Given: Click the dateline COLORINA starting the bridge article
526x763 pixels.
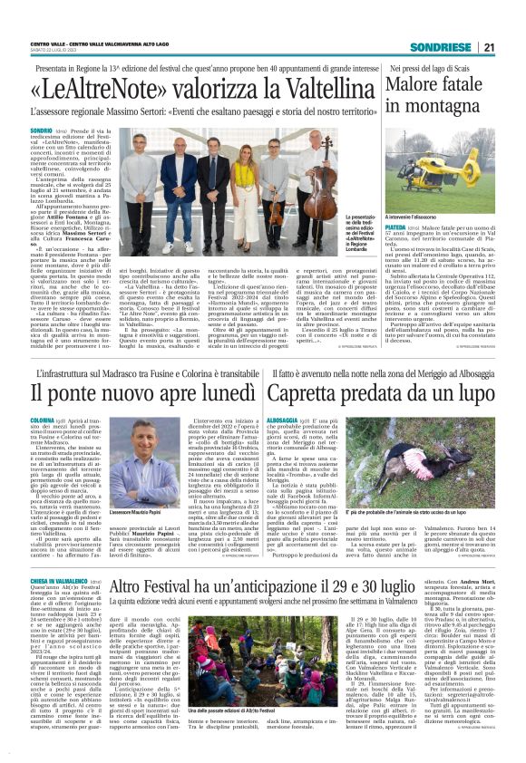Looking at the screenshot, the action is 44,421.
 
